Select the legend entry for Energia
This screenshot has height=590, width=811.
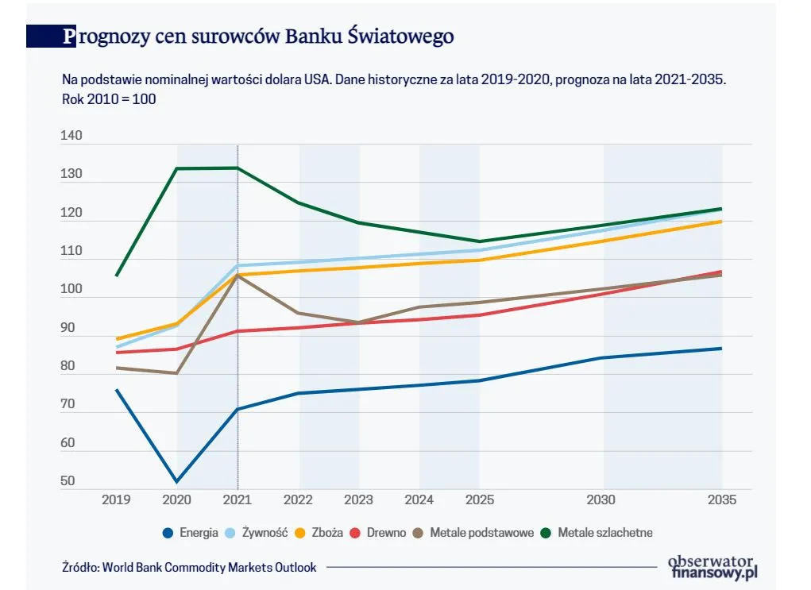[190, 533]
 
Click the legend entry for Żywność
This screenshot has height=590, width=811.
[257, 533]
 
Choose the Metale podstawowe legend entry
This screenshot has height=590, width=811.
[474, 533]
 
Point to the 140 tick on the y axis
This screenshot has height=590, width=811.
[71, 137]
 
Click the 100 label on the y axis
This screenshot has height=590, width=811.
[71, 290]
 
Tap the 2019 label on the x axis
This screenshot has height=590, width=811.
[116, 500]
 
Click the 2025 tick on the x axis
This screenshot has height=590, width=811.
[479, 500]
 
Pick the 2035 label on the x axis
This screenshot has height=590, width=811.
[722, 500]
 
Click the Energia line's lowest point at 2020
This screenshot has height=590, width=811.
[176, 481]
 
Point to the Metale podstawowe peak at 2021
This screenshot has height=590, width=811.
[238, 276]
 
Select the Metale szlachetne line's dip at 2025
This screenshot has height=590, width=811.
[479, 241]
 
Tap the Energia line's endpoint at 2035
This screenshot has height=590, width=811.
[721, 349]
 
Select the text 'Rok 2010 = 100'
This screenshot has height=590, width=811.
[109, 99]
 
